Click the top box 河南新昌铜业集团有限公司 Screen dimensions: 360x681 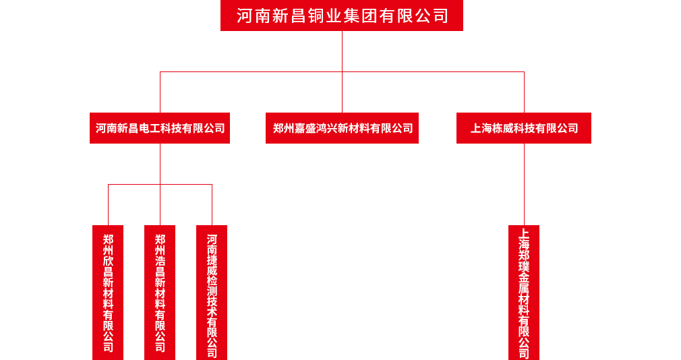(341, 16)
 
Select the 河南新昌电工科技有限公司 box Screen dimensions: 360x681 (160, 127)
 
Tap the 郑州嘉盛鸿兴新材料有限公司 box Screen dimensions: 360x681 (342, 127)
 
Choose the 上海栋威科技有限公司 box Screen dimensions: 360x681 (523, 127)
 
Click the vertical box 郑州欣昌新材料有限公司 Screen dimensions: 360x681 (108, 292)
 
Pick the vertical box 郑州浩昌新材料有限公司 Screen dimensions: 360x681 (160, 292)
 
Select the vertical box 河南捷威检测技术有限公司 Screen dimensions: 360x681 (212, 292)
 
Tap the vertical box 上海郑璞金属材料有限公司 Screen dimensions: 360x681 (524, 292)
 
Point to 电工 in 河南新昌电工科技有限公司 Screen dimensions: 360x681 (150, 128)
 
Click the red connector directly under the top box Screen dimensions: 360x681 (342, 51)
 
